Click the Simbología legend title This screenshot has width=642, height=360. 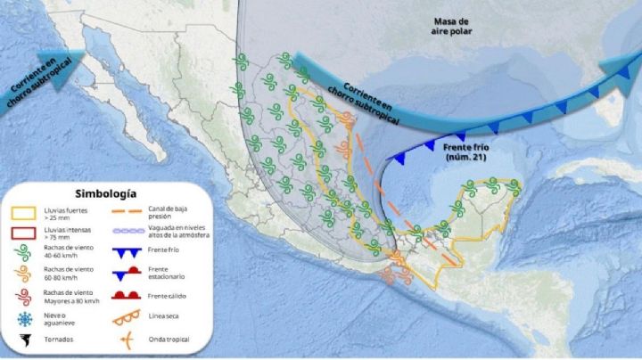point(106,192)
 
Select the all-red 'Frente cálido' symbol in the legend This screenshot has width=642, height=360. point(131,294)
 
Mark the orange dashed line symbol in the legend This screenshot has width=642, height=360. point(131,212)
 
